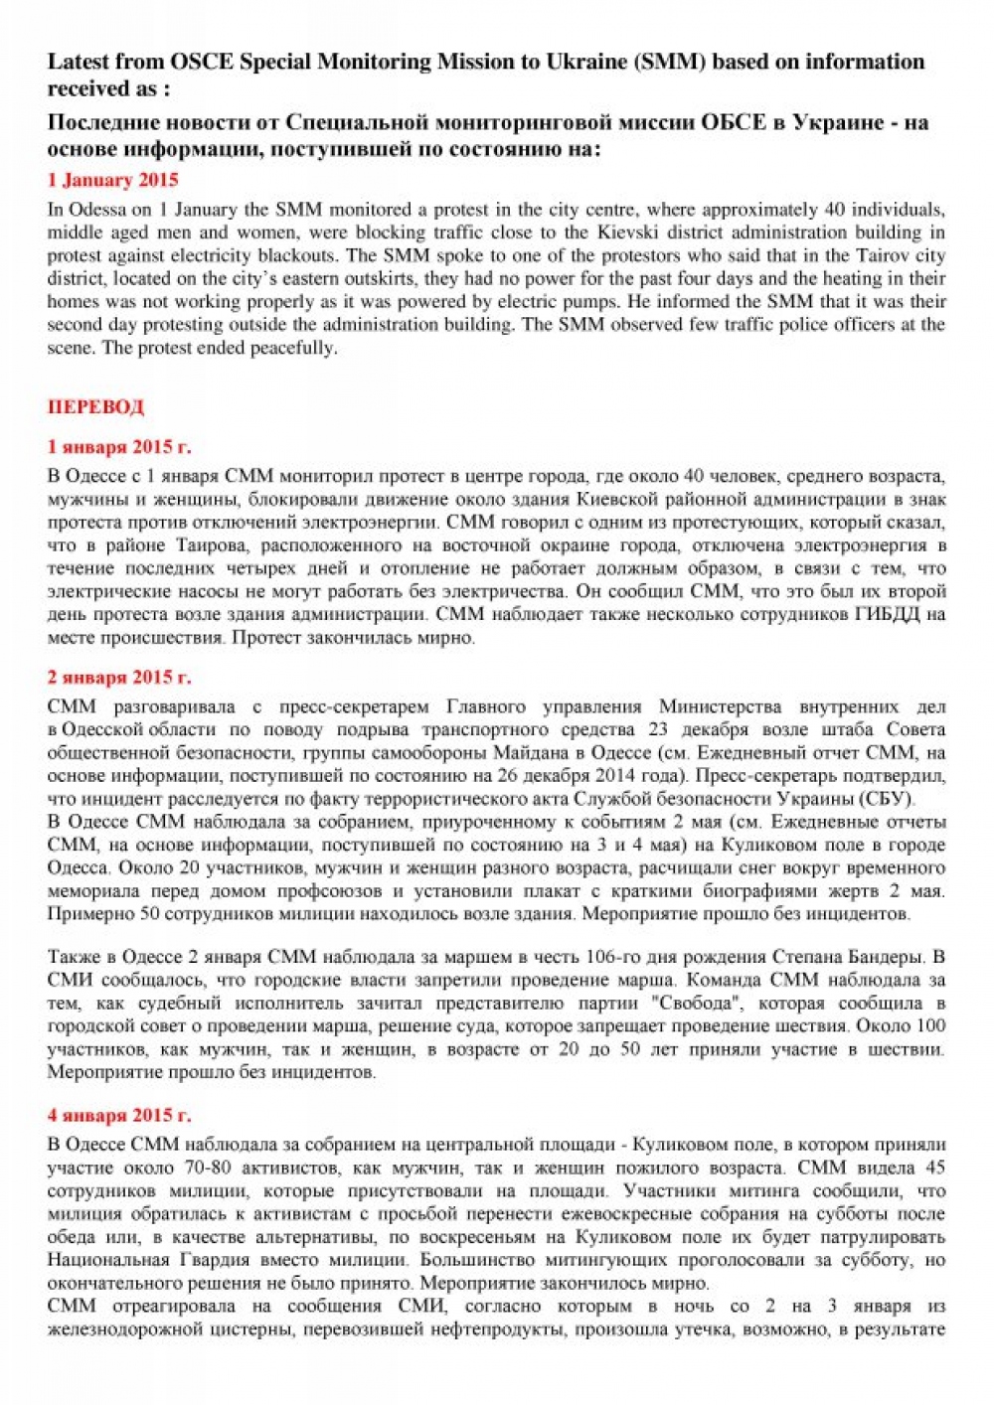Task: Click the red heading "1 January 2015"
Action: point(112,180)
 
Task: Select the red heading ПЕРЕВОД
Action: point(95,406)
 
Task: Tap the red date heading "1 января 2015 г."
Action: point(119,447)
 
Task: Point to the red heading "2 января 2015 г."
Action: point(119,678)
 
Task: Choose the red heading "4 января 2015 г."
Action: point(119,1115)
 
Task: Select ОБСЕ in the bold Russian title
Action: point(733,123)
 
